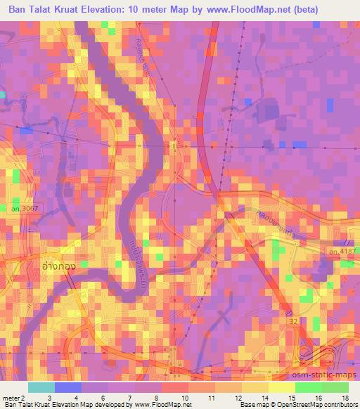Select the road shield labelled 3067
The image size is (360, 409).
[32, 209]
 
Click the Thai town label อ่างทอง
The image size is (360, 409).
[59, 267]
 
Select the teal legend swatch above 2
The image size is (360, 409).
[42, 387]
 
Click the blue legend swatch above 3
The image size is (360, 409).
[69, 387]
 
